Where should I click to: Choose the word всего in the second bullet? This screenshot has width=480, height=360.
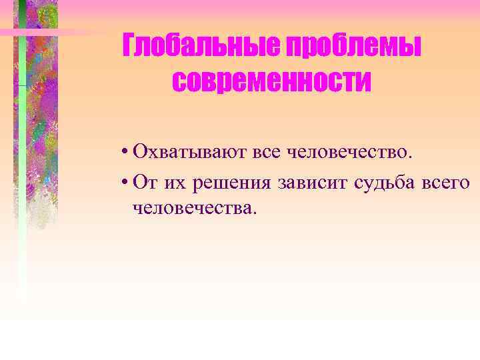[x=446, y=182]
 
